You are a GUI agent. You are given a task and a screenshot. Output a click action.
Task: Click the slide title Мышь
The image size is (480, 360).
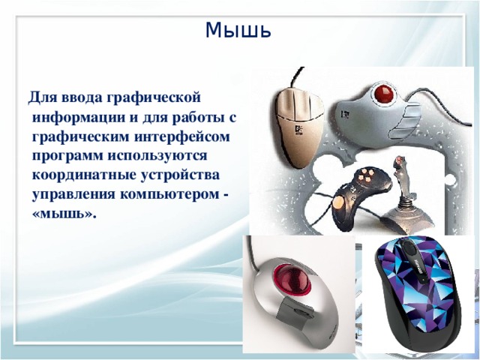(x=238, y=30)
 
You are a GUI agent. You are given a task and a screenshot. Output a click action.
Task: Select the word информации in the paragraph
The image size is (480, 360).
(x=79, y=118)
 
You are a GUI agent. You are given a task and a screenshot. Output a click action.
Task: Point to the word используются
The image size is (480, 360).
(x=157, y=156)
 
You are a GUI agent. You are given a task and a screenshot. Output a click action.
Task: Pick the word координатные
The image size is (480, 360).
(x=83, y=175)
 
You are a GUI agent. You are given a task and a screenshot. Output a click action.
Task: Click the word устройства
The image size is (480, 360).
(x=180, y=175)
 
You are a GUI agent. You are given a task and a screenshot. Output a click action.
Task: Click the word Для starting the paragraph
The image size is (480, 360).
(x=43, y=98)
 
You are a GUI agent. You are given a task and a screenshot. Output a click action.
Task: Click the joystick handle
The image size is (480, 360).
(x=402, y=177)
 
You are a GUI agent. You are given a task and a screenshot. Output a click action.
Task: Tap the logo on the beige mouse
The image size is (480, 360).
(x=298, y=130)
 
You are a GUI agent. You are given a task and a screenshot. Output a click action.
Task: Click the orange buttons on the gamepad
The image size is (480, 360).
(x=365, y=174)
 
